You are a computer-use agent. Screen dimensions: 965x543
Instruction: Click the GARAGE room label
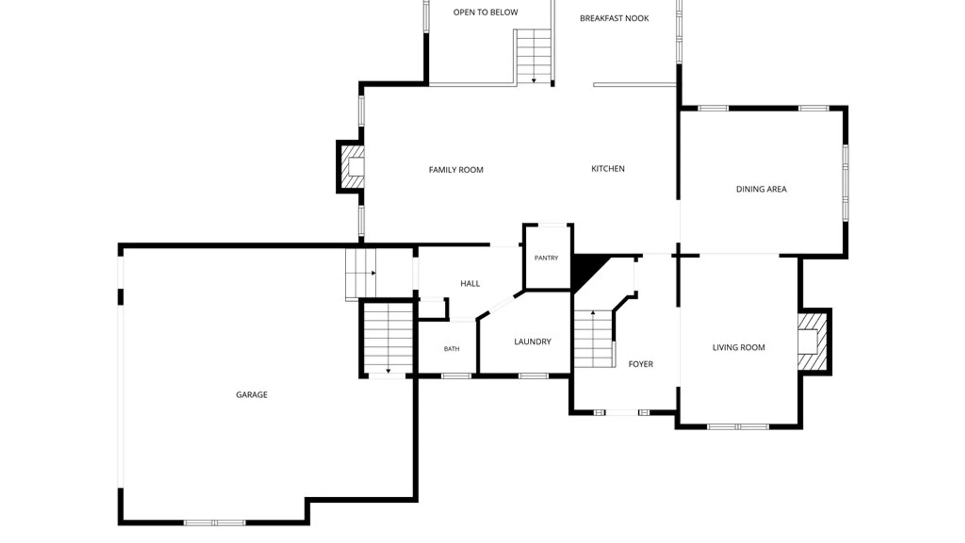(x=252, y=395)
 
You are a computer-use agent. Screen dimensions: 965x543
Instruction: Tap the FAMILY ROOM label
(x=456, y=170)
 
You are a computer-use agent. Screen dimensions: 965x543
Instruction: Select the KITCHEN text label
(x=608, y=168)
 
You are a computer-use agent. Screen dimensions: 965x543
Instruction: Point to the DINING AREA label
(x=761, y=189)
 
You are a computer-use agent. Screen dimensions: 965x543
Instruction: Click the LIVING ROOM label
(x=739, y=347)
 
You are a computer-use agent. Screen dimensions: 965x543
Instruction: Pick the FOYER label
(x=641, y=364)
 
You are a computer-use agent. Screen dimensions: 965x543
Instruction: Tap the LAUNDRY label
(x=533, y=342)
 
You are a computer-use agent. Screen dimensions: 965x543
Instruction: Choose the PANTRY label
(x=546, y=258)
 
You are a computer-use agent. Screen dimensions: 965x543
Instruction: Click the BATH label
(x=452, y=349)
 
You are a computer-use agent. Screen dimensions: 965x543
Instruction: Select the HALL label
(x=470, y=284)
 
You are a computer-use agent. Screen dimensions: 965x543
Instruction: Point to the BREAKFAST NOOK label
(x=615, y=18)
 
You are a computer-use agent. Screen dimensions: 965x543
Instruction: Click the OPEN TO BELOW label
(x=486, y=12)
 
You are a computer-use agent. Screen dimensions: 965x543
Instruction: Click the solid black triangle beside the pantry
(x=586, y=269)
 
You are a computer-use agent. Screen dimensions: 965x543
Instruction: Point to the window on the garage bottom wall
(x=215, y=523)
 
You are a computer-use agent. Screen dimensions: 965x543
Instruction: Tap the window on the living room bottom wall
(x=738, y=427)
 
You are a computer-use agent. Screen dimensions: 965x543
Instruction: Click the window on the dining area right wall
(x=846, y=183)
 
